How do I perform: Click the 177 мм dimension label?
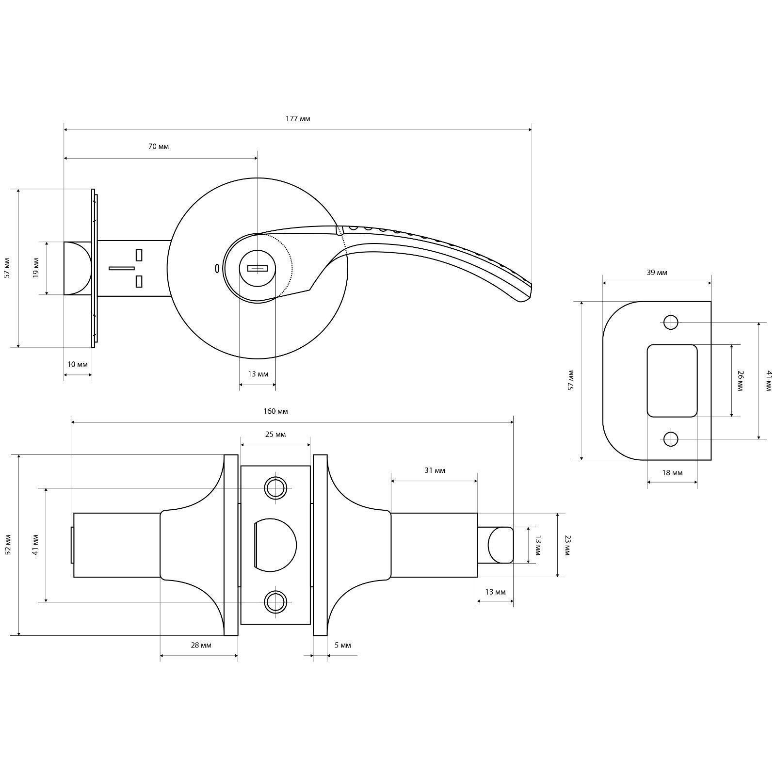click(x=298, y=119)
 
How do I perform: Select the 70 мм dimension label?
click(x=159, y=146)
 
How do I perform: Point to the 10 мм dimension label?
click(x=78, y=364)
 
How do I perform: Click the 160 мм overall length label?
click(x=275, y=411)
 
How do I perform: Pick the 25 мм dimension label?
click(x=275, y=435)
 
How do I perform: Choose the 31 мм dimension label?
click(x=435, y=470)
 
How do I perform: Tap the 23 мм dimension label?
click(x=568, y=545)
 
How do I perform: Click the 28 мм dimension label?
click(x=201, y=645)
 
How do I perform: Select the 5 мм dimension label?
click(x=342, y=645)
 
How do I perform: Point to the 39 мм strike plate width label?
click(x=657, y=273)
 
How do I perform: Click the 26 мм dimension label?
click(x=740, y=381)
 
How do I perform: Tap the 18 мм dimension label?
click(x=672, y=473)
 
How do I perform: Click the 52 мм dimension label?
click(x=7, y=545)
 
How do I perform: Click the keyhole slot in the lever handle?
click(x=257, y=268)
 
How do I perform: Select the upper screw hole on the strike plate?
click(x=671, y=322)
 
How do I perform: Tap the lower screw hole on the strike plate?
click(x=671, y=439)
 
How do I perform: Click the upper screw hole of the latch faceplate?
click(x=275, y=488)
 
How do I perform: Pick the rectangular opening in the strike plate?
click(x=672, y=381)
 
